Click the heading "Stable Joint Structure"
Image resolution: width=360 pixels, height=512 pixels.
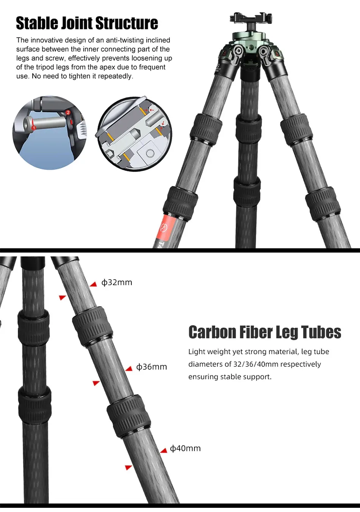tap(87, 23)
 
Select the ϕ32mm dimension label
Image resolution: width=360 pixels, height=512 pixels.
tap(117, 283)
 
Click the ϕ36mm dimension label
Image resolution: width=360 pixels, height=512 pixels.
tap(152, 367)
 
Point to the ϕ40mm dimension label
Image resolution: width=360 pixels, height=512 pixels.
tap(185, 448)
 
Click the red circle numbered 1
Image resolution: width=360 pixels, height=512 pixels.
tap(34, 128)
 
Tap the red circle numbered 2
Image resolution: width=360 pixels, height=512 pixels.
tap(68, 113)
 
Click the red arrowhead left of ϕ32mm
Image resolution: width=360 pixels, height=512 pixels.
tap(94, 284)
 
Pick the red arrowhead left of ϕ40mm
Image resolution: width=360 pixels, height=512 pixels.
tap(164, 451)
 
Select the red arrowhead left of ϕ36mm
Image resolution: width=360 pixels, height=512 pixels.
tap(129, 369)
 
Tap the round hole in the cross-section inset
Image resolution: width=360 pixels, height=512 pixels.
tap(150, 153)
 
